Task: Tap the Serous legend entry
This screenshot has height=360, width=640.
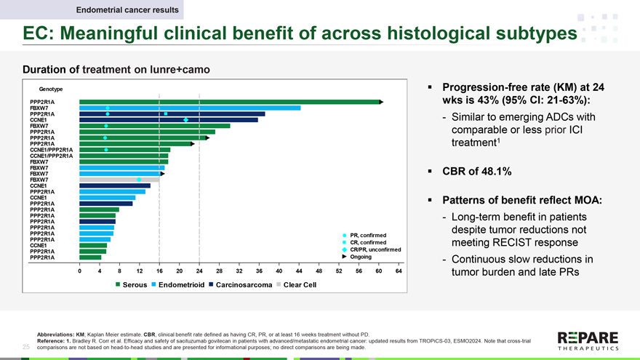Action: [x=132, y=284]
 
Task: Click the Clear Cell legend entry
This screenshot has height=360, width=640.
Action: [x=299, y=284]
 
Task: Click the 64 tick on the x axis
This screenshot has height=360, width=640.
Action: [x=399, y=271]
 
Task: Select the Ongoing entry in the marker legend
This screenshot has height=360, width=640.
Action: [x=361, y=257]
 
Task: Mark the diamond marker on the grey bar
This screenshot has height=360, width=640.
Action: [x=139, y=180]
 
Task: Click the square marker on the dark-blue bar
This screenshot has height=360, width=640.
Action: [x=166, y=114]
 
